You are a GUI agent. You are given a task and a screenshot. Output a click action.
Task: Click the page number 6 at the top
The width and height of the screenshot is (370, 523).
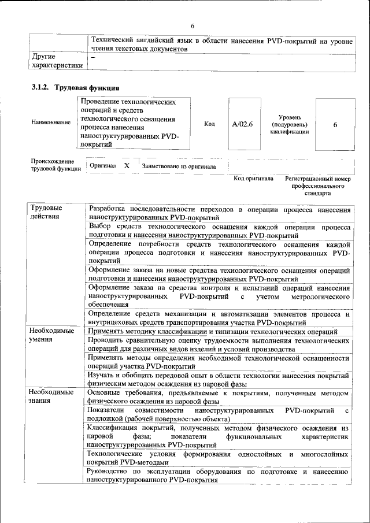(x=193, y=25)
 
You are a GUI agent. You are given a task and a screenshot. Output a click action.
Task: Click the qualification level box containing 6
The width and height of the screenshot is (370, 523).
(x=335, y=124)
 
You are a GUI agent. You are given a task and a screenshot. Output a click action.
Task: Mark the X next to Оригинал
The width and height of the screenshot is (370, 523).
(x=126, y=166)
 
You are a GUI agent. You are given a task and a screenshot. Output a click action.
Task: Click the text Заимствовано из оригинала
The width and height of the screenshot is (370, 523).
(x=179, y=166)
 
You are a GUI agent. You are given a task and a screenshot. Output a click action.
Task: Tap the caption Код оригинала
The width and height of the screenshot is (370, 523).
(x=253, y=179)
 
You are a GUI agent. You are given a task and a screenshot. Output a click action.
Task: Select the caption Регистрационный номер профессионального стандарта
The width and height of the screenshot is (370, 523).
(x=319, y=186)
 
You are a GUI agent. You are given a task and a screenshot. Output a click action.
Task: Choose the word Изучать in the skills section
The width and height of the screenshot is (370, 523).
(x=102, y=375)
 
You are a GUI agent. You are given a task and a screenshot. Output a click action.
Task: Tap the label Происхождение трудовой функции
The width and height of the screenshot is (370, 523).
(x=53, y=165)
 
